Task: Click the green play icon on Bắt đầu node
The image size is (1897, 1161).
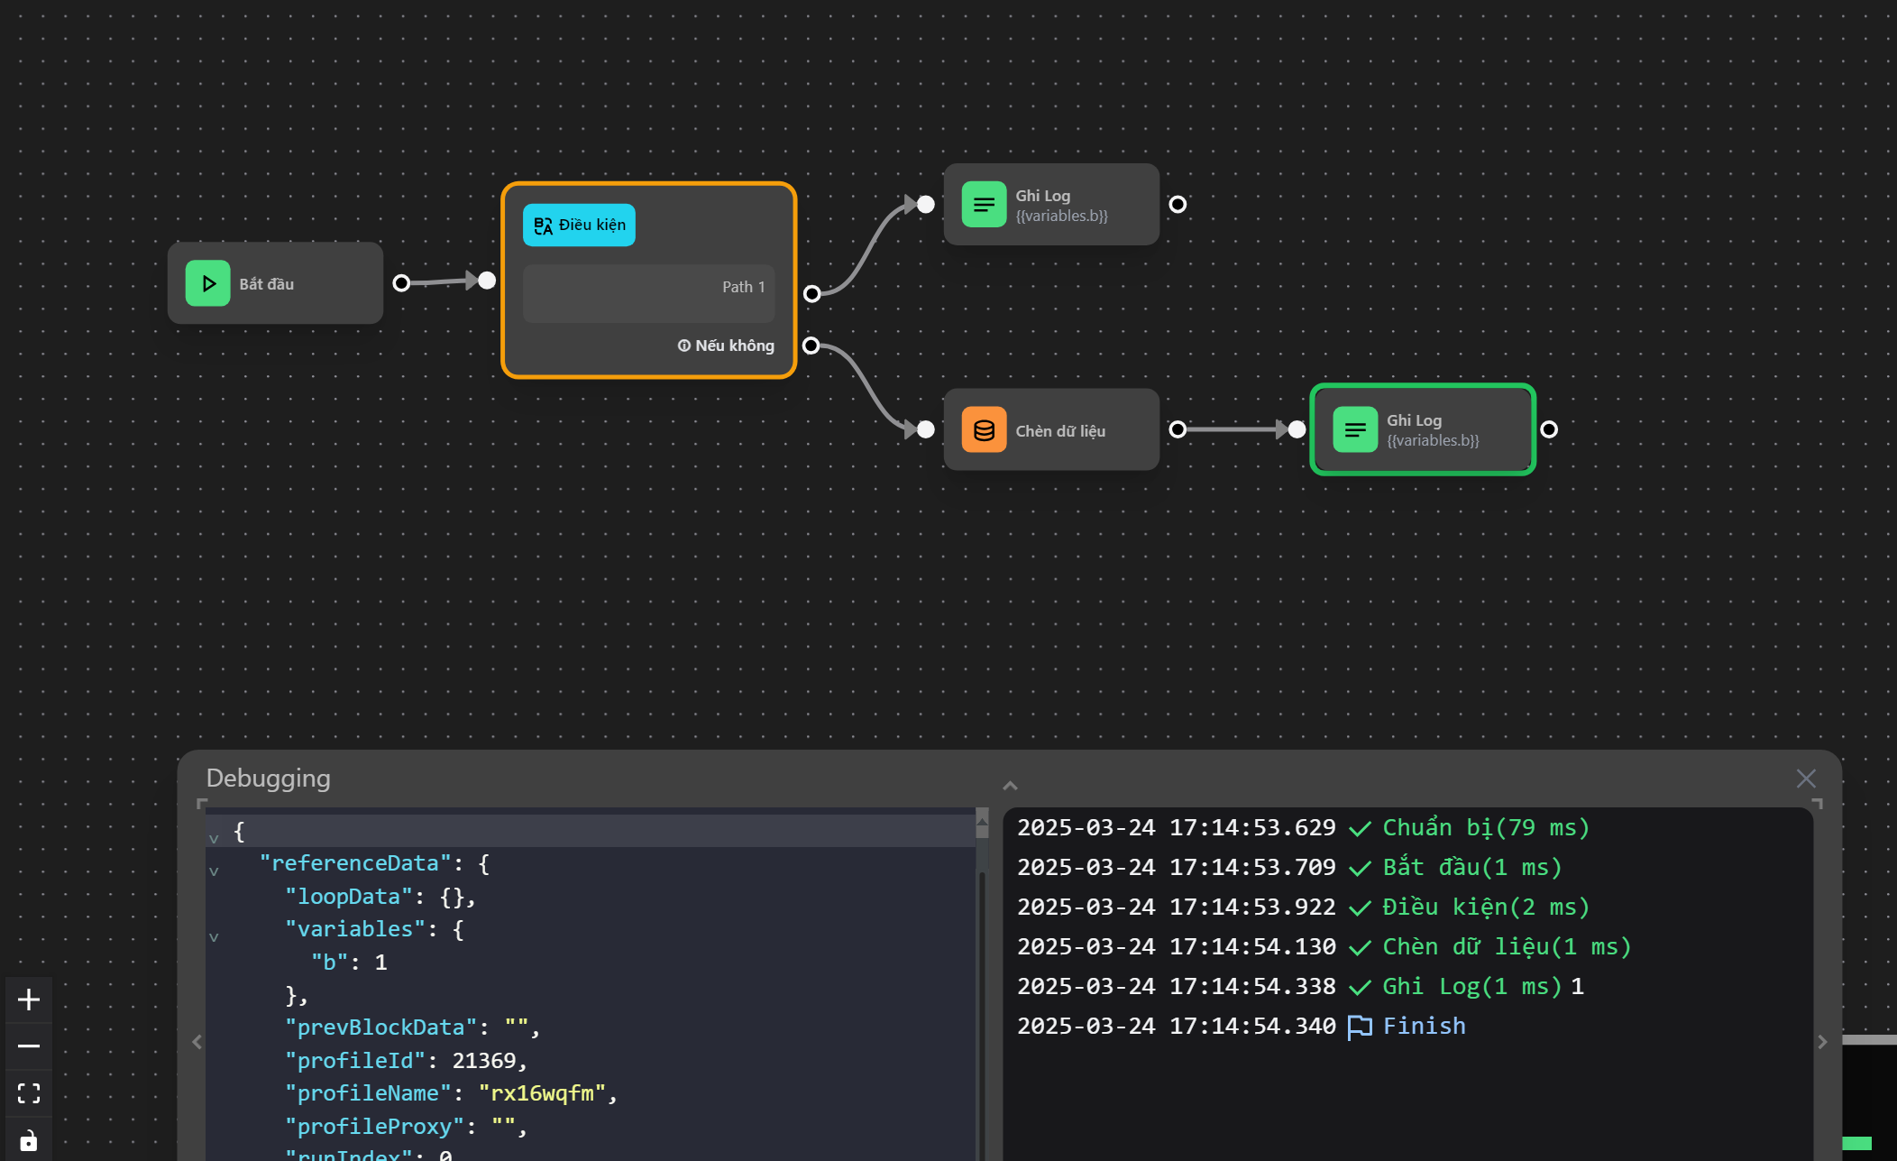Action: coord(207,283)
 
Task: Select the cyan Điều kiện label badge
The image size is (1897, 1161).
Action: coord(579,225)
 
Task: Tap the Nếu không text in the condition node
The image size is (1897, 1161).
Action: coord(733,346)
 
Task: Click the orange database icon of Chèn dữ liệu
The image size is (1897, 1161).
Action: coord(984,430)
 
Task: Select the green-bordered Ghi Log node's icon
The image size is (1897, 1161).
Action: coord(1354,429)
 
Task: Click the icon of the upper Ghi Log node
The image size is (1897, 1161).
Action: coord(984,204)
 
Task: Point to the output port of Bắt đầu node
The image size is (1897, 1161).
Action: coord(402,283)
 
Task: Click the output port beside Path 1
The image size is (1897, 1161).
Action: coord(811,293)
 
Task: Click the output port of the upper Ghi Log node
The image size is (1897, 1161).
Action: coord(1178,204)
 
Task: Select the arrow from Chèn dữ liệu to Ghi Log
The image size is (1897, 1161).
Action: coord(1236,429)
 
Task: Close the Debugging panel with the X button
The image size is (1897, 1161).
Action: coord(1805,779)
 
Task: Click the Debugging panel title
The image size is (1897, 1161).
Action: coord(268,779)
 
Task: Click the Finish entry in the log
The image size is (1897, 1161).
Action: coord(1424,1027)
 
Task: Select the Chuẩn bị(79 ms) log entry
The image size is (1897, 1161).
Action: coord(1485,828)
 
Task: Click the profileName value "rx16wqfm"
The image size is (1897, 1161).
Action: coord(542,1093)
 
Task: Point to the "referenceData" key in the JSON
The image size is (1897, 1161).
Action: coord(354,863)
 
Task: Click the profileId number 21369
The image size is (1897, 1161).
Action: coord(483,1061)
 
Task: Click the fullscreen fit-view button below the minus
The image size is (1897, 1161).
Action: coord(29,1093)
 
